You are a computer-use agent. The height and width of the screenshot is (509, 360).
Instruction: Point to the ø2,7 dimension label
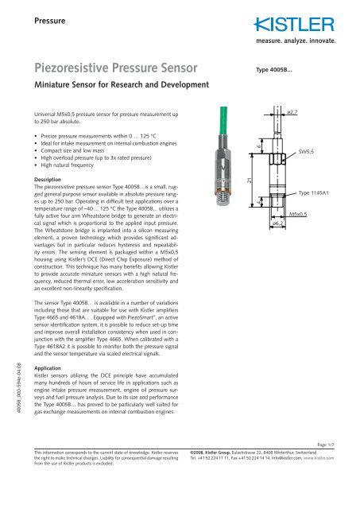tap(292, 117)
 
